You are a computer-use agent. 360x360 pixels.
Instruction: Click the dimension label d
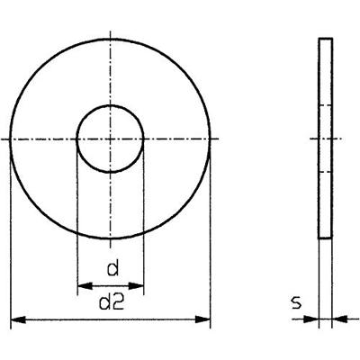[x=113, y=268]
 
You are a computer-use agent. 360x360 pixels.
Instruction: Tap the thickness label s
[x=296, y=303]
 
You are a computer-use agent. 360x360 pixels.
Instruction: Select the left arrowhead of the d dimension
[x=85, y=286]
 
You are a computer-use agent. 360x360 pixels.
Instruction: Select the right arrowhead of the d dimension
[x=136, y=286]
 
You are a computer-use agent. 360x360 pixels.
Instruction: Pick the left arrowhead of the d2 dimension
[x=18, y=319]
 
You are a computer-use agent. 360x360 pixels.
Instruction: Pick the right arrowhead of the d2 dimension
[x=202, y=319]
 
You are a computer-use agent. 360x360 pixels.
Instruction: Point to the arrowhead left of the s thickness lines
[x=311, y=319]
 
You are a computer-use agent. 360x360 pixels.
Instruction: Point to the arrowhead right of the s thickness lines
[x=339, y=319]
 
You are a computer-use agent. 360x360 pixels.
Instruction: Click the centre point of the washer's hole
[x=111, y=139]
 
